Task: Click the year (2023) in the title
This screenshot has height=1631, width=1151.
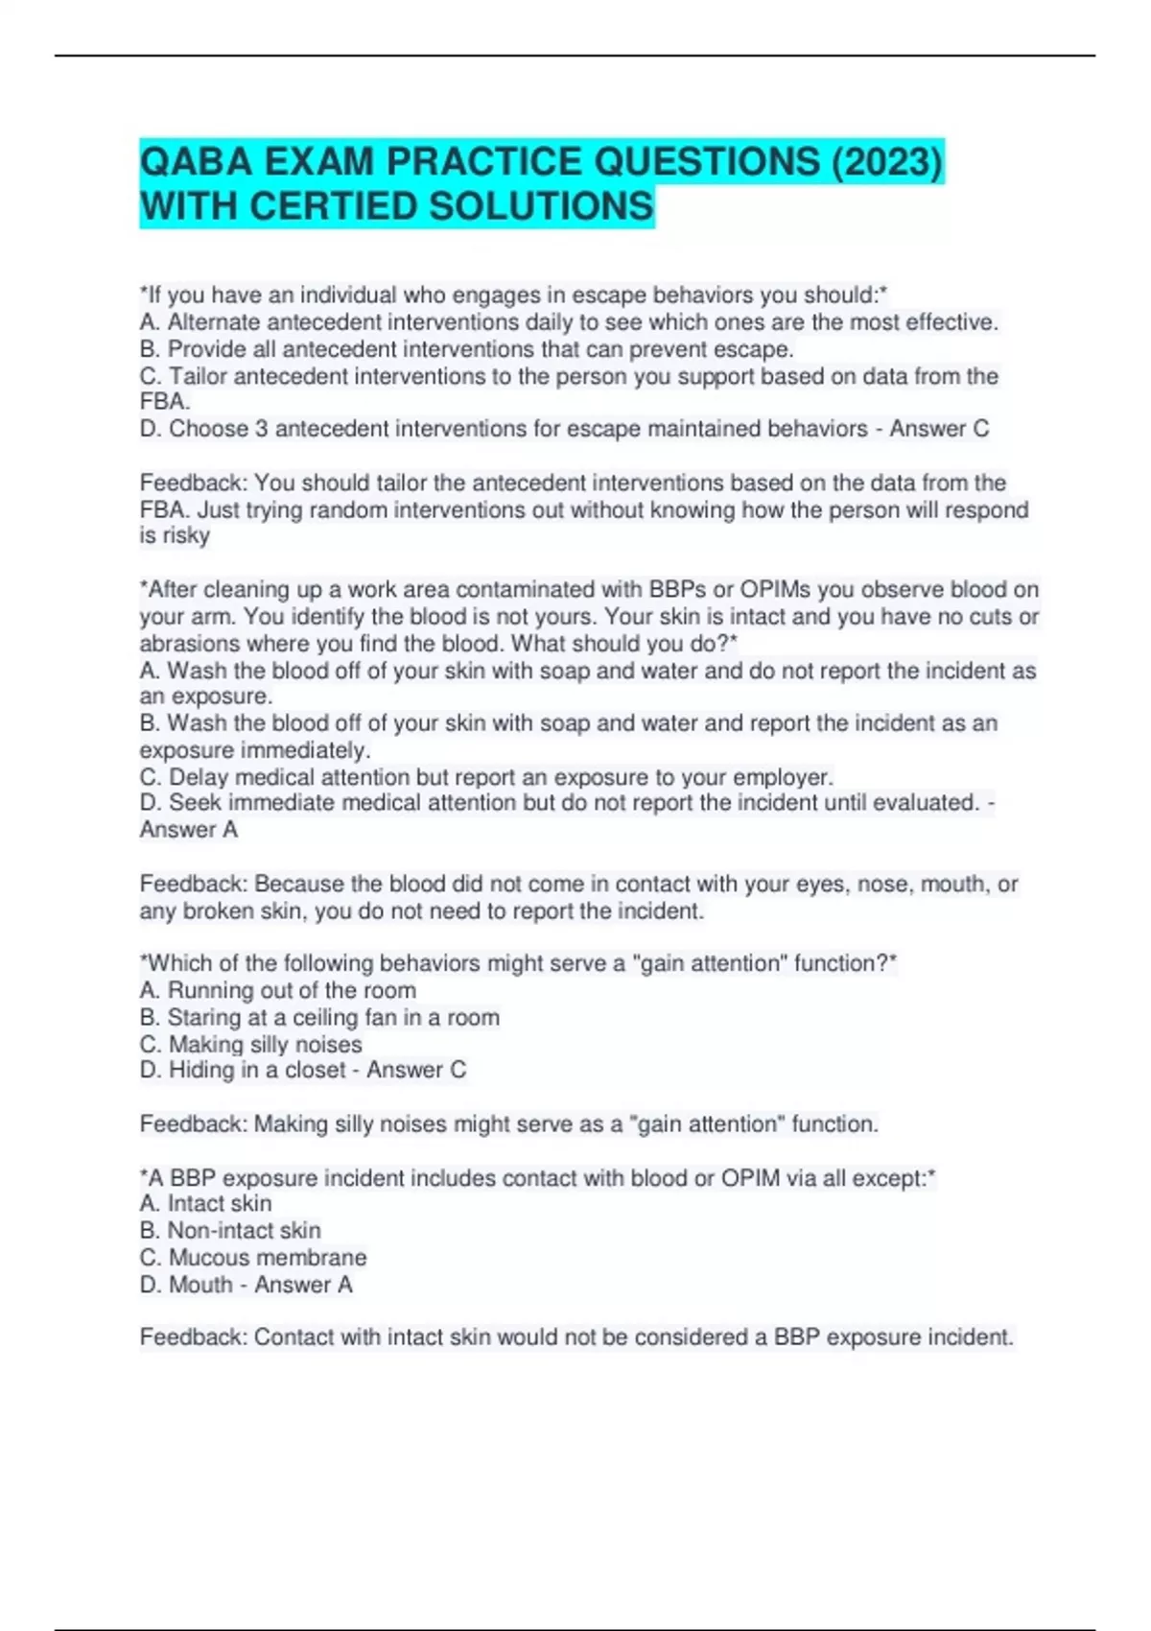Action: pos(886,161)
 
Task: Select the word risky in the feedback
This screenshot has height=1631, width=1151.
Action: pos(187,535)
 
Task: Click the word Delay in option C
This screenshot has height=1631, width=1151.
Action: pos(198,777)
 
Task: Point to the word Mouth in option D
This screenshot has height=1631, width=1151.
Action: pos(200,1285)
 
